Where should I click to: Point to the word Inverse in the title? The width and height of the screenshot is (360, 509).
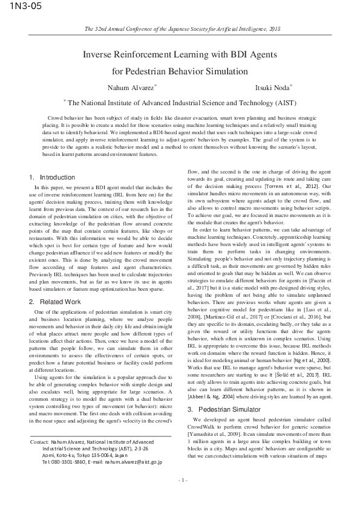(99, 54)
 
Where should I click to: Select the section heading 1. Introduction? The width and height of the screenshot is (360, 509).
(52, 177)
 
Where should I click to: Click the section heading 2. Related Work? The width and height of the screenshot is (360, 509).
(54, 301)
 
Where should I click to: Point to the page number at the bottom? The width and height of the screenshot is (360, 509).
(180, 497)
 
